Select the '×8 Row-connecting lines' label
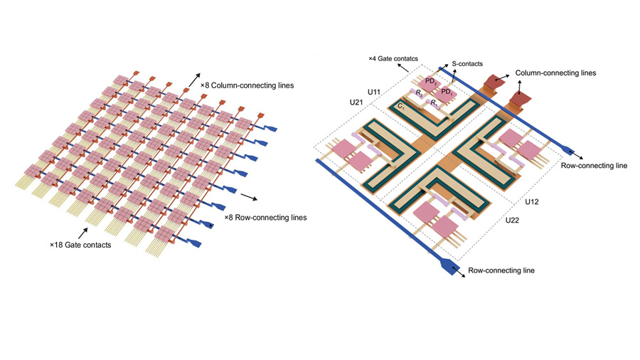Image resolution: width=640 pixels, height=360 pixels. [265, 217]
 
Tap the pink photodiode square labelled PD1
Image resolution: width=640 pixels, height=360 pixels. [447, 92]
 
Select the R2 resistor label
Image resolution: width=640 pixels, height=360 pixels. [420, 95]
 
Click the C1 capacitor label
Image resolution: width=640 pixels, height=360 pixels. [402, 106]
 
